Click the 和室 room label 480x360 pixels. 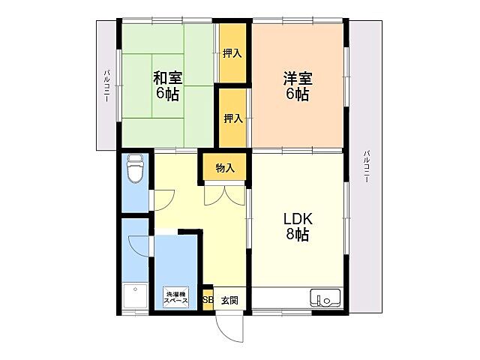pos(169,77)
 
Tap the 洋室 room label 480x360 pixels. pos(297,77)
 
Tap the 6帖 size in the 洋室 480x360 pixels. pos(297,94)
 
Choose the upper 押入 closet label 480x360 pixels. pos(232,52)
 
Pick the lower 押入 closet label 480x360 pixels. pos(232,118)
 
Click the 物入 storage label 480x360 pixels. pos(225,168)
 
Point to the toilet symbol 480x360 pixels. pos(135,169)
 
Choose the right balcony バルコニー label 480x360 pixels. pos(366,169)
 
